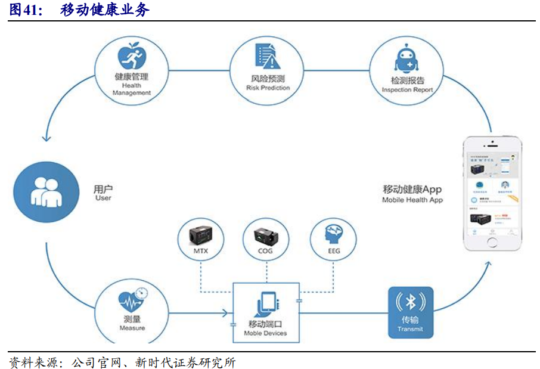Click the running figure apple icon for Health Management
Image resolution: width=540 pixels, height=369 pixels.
tap(132, 57)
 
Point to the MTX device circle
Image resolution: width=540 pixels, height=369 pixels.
tap(200, 240)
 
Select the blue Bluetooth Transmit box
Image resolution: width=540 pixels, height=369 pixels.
tap(411, 312)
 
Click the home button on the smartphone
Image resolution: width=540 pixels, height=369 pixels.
tap(492, 244)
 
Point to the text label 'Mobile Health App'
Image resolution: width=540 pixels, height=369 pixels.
tap(412, 200)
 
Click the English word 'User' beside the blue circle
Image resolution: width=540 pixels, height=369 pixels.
tap(103, 198)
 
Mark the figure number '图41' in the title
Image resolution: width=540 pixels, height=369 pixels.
tap(26, 10)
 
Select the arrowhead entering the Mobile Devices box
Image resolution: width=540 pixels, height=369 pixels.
tap(227, 312)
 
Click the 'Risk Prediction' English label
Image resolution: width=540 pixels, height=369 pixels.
tap(268, 88)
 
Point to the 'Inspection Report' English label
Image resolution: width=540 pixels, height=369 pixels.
tap(407, 90)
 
